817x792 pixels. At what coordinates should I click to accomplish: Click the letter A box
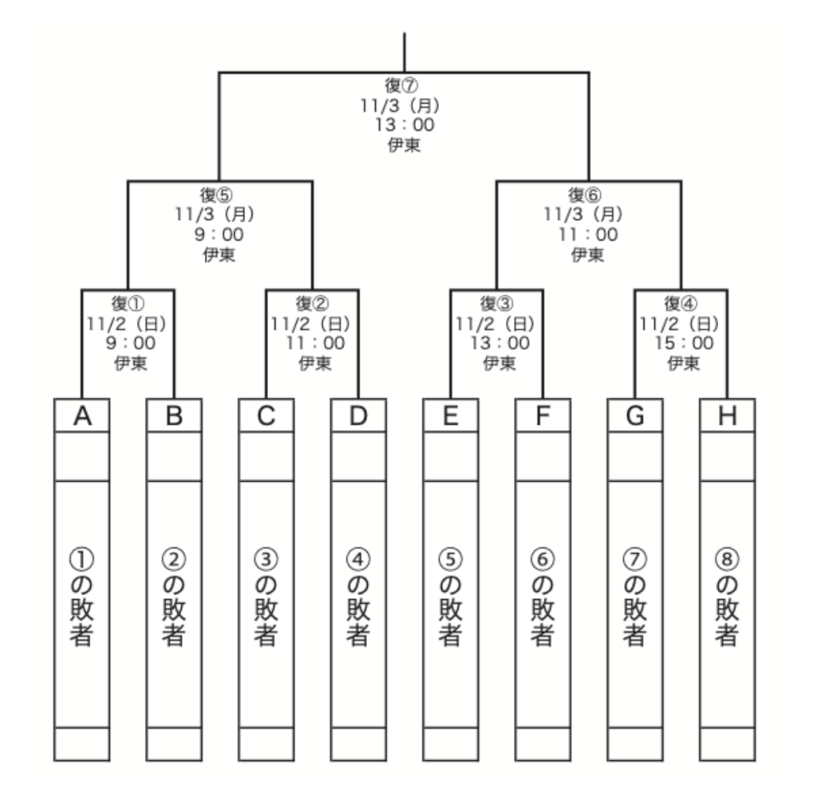tap(81, 416)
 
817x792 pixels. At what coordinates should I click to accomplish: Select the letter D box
tap(358, 416)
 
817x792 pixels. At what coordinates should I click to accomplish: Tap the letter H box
tap(727, 416)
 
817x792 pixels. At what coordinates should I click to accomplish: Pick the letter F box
tap(543, 416)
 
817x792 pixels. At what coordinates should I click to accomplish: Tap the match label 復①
tap(128, 305)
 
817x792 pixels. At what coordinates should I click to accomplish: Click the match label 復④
tap(681, 305)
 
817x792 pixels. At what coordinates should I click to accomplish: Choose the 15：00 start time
tap(681, 344)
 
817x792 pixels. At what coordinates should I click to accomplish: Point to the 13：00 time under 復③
tap(496, 344)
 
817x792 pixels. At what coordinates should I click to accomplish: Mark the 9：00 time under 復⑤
tap(219, 234)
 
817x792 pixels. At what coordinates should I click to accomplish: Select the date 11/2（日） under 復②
tap(312, 324)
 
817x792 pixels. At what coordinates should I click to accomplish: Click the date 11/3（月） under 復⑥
tap(588, 215)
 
